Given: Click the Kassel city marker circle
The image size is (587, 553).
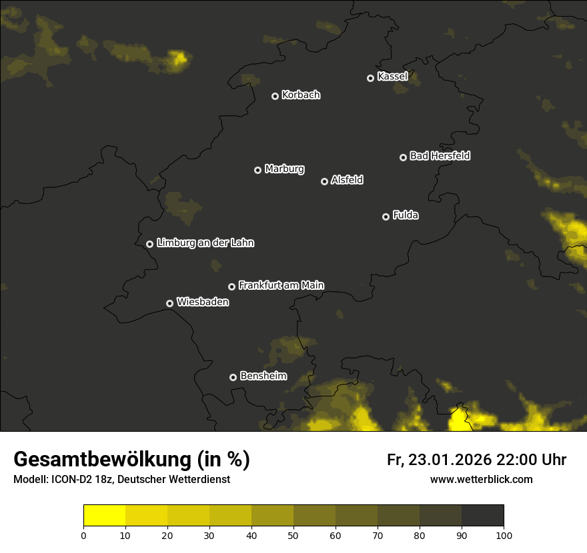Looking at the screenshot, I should pyautogui.click(x=370, y=78).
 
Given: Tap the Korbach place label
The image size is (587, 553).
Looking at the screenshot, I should pyautogui.click(x=301, y=95).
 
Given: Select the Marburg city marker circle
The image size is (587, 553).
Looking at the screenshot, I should pyautogui.click(x=257, y=170).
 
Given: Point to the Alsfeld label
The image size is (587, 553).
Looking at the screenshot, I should pyautogui.click(x=347, y=180).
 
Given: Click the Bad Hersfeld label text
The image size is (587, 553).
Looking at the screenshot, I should pyautogui.click(x=440, y=156).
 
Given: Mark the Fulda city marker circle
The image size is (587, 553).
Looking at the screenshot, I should pyautogui.click(x=386, y=217).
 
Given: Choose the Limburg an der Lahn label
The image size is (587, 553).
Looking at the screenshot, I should pyautogui.click(x=205, y=243).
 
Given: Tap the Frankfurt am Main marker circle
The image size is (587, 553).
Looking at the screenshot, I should pyautogui.click(x=231, y=286).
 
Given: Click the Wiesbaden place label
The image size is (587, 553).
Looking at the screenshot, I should pyautogui.click(x=202, y=302).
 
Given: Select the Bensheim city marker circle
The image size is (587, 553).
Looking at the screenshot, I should pyautogui.click(x=233, y=377).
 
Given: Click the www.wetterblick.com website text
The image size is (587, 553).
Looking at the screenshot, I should pyautogui.click(x=481, y=479).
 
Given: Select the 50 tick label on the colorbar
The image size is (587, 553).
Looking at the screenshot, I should pyautogui.click(x=293, y=535).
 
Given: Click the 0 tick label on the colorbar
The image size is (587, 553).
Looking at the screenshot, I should pyautogui.click(x=83, y=535).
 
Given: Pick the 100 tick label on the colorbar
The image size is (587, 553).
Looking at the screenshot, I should pyautogui.click(x=504, y=535).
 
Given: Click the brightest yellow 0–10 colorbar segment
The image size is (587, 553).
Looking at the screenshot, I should pyautogui.click(x=105, y=516).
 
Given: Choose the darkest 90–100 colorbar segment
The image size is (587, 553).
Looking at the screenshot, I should pyautogui.click(x=482, y=516).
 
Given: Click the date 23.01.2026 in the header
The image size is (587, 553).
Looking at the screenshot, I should pyautogui.click(x=450, y=460).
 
